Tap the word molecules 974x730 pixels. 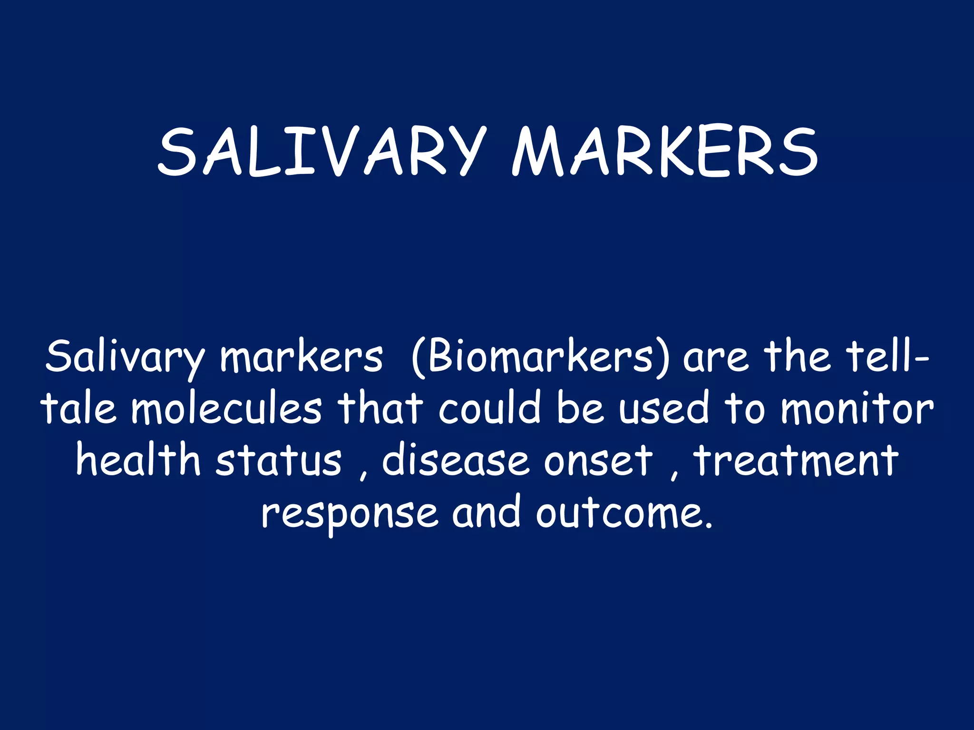pyautogui.click(x=226, y=409)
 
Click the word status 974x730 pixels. pyautogui.click(x=279, y=461)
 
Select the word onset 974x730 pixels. pyautogui.click(x=598, y=461)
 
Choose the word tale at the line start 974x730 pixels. pyautogui.click(x=79, y=409)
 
